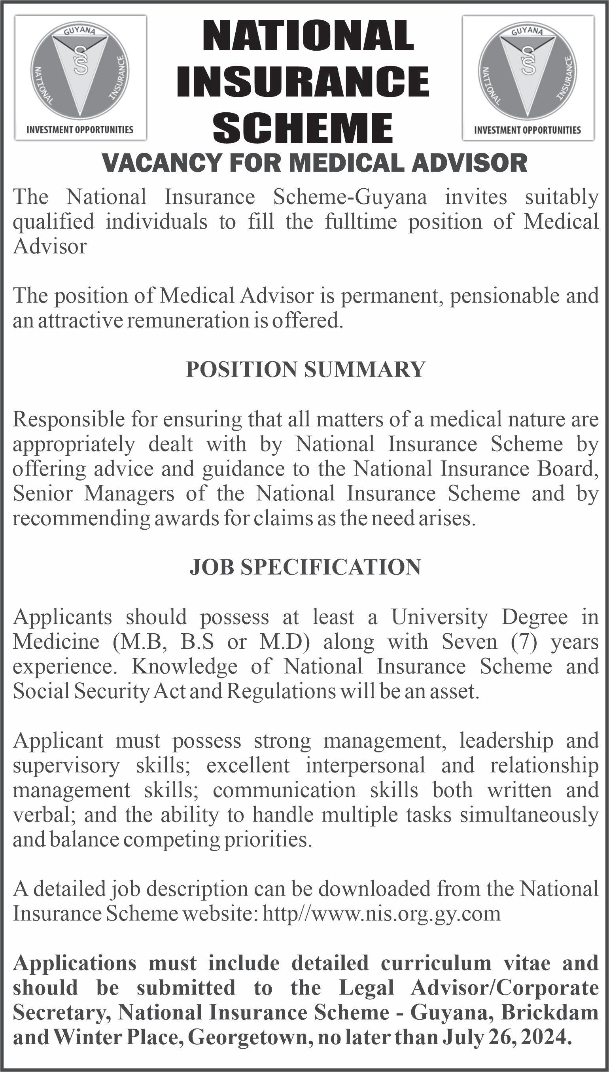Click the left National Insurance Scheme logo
click(x=80, y=71)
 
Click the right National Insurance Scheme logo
click(x=528, y=71)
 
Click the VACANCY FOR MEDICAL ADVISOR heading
click(x=314, y=163)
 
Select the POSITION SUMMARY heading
click(x=305, y=370)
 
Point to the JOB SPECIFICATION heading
click(x=305, y=567)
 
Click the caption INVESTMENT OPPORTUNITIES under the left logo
click(x=80, y=130)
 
